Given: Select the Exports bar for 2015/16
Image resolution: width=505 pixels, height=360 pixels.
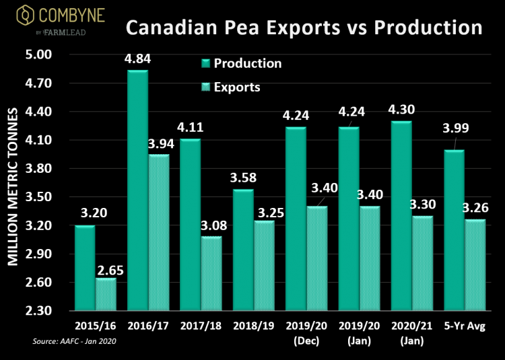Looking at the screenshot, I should click(106, 294).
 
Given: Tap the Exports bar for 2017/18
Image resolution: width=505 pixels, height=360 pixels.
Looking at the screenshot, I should click(211, 273).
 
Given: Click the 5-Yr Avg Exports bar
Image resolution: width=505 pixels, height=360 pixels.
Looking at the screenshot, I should click(475, 265).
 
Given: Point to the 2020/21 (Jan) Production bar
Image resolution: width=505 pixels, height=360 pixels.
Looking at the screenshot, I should click(401, 216).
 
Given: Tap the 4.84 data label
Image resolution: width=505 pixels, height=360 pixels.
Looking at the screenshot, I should click(137, 59).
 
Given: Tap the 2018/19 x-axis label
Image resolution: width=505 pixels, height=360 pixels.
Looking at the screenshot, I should click(253, 326).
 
